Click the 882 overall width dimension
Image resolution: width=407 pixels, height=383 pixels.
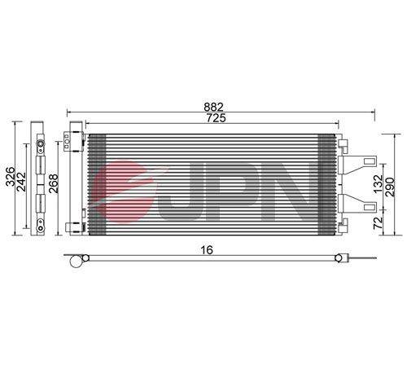(213, 107)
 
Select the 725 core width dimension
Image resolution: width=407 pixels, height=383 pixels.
(216, 118)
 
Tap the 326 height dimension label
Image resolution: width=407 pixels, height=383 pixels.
(11, 177)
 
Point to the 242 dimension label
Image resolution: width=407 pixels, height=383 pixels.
(21, 182)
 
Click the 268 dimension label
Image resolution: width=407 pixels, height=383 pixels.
(54, 183)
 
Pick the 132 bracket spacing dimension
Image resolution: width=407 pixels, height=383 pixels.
(379, 184)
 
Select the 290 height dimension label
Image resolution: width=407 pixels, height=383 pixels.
(390, 187)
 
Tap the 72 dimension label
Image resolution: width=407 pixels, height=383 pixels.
(379, 223)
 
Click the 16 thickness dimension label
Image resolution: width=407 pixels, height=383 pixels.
(207, 250)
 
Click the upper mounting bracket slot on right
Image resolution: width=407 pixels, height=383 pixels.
(369, 161)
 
